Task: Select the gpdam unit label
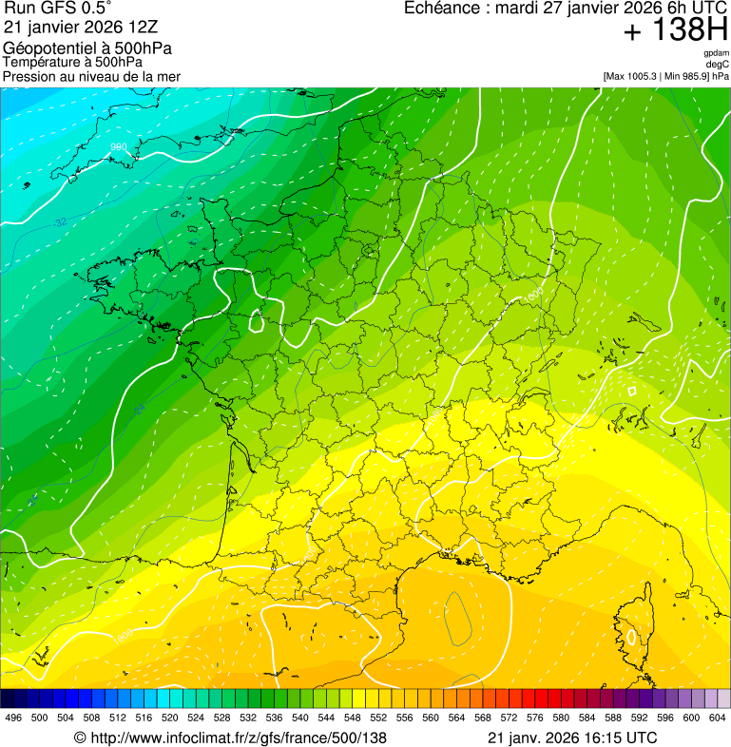pyautogui.click(x=717, y=53)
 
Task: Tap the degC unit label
pyautogui.click(x=719, y=65)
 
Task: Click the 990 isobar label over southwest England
pyautogui.click(x=119, y=146)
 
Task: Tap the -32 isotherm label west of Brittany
pyautogui.click(x=60, y=221)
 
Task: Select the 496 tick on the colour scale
pyautogui.click(x=13, y=718)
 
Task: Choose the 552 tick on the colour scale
pyautogui.click(x=377, y=718)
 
